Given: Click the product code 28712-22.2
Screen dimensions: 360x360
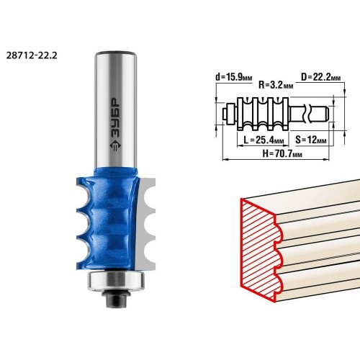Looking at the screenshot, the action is (32, 55).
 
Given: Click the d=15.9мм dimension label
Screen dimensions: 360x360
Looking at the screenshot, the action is (234, 77).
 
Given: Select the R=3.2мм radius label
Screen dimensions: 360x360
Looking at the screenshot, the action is (276, 85).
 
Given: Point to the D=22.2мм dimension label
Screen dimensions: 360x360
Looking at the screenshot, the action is (321, 77).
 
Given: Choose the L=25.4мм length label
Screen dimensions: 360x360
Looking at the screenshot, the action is (264, 140).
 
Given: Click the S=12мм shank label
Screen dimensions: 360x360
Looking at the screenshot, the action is (311, 140).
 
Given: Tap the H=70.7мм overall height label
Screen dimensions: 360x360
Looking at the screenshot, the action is (282, 153).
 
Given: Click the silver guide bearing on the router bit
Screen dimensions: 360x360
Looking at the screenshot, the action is (116, 280).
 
